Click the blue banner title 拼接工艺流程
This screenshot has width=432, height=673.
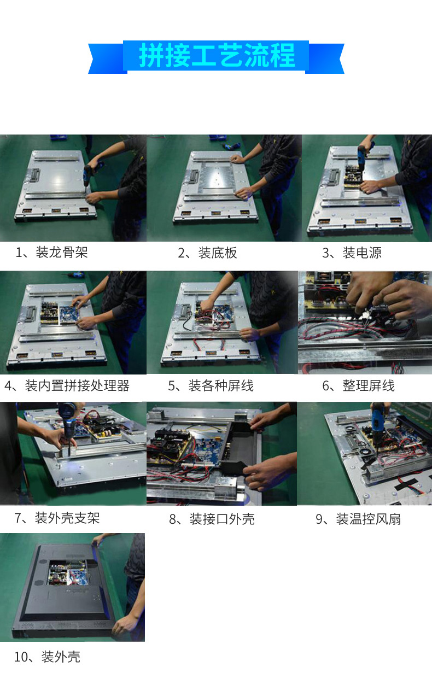pos(217,56)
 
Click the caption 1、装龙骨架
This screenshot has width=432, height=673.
pos(51,253)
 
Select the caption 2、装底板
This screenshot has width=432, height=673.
pos(207,253)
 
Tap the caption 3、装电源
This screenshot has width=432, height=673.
pos(352,253)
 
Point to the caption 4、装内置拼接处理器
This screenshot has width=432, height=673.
pos(67,386)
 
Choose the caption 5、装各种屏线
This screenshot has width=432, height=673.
pos(211,386)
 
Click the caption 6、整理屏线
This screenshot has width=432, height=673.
pos(358,386)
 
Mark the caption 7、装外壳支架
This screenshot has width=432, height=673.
pos(57,518)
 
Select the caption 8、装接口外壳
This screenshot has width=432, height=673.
pos(212,519)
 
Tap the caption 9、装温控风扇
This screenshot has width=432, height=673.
pos(358,519)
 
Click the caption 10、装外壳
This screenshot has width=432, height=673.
pos(47,657)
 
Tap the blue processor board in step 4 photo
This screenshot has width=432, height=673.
pos(69,314)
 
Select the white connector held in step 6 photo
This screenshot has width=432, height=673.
pos(366,315)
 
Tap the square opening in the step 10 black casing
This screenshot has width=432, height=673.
pos(68,573)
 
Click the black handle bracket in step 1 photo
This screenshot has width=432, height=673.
pos(34,175)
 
